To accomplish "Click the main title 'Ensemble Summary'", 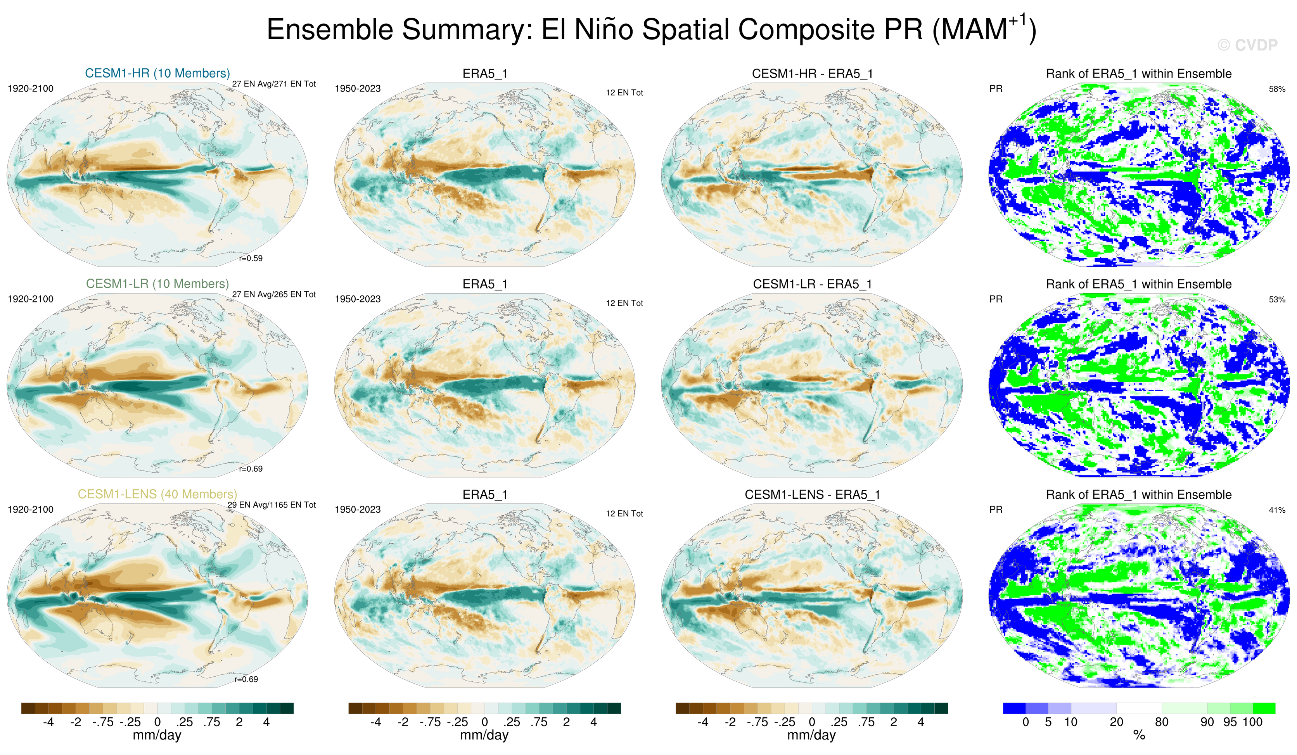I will (651, 29).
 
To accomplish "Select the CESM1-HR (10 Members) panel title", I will (157, 73).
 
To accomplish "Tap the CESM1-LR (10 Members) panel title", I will (157, 283).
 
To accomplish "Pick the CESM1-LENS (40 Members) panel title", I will (157, 494).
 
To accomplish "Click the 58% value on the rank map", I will (1277, 89).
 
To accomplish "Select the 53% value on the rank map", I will (1277, 299).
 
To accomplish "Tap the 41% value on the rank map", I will (1277, 510).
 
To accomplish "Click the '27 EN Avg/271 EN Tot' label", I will (274, 84).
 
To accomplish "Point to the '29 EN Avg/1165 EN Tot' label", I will (272, 505).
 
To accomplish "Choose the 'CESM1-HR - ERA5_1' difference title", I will (812, 74).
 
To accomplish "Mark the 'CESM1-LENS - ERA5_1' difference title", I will (812, 494).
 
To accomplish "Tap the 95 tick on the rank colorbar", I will (1230, 722).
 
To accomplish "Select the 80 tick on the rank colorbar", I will (1162, 722).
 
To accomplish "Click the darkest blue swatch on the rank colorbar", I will (1014, 708).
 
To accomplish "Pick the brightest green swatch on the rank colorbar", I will (1264, 708).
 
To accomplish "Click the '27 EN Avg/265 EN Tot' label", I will (274, 294).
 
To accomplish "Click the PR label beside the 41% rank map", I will (996, 510).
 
